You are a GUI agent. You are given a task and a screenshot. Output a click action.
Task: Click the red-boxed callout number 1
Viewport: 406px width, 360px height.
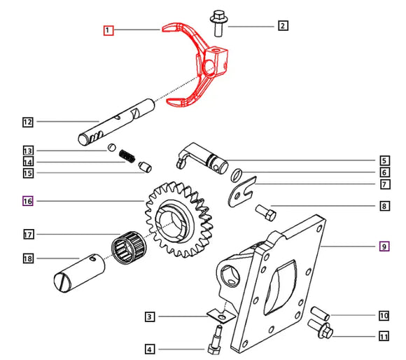click(108, 30)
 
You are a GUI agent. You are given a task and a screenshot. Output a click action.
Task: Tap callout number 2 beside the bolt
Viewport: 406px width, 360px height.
click(283, 26)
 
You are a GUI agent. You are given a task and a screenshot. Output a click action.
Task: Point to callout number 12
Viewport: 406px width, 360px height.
click(27, 122)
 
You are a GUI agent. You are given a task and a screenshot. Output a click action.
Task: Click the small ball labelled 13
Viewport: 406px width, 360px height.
click(111, 148)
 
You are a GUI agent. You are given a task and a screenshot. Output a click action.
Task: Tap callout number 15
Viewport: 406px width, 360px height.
click(27, 173)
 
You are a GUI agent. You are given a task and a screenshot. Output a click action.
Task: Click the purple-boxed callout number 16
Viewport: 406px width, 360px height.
click(27, 201)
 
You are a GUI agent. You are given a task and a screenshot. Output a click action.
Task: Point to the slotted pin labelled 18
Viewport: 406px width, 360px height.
click(78, 270)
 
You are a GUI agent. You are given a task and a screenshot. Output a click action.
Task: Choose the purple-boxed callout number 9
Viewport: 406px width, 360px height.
click(384, 246)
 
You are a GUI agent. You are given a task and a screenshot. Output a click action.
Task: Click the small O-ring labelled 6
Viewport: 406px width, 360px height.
click(237, 174)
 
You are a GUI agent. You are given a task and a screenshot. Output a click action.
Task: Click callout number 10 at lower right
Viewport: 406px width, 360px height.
click(384, 315)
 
